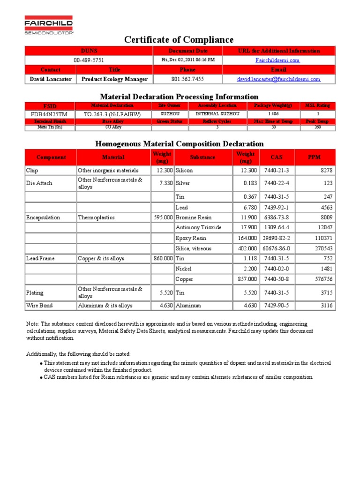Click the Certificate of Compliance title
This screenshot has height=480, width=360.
[x=179, y=40]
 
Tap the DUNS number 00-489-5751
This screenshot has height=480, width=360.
[x=89, y=60]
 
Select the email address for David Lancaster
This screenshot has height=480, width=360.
[x=278, y=79]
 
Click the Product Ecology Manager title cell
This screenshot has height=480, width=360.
[x=114, y=79]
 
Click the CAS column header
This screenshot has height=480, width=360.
[x=277, y=157]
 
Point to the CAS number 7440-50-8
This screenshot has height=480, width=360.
[x=277, y=279]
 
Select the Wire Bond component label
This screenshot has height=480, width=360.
[x=39, y=306]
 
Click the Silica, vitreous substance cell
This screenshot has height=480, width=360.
[x=193, y=248]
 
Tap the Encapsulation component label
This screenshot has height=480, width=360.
[x=43, y=217]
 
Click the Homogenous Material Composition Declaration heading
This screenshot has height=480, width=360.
[x=180, y=143]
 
